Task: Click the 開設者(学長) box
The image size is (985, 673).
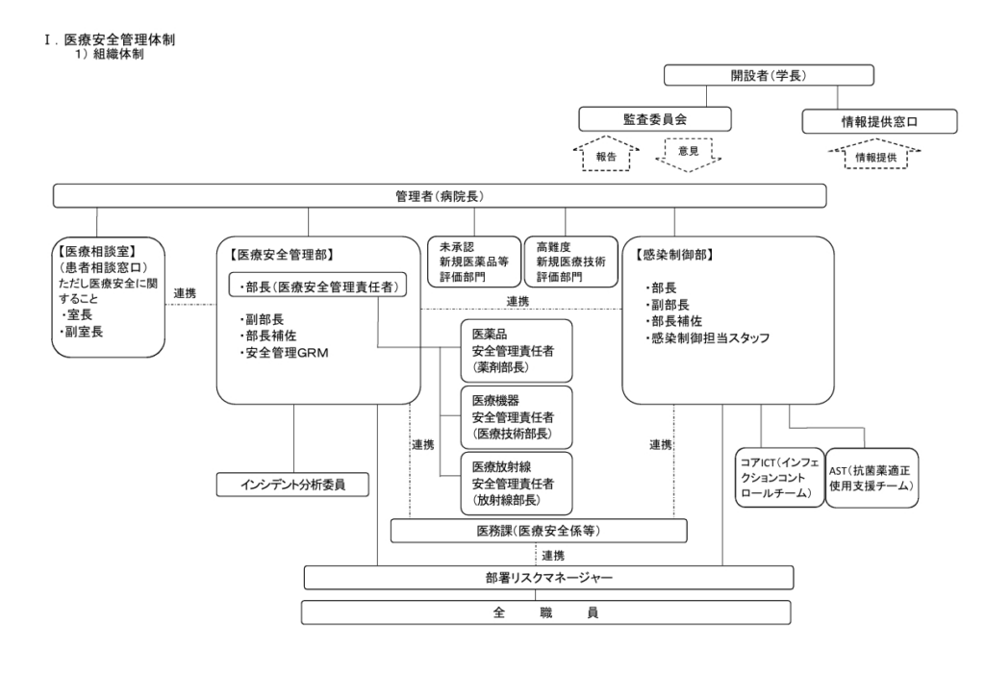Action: point(769,76)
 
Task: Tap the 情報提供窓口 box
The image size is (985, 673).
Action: point(880,120)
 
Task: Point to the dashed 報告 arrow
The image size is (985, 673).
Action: point(605,154)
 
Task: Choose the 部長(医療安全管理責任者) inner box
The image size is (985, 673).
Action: point(317,286)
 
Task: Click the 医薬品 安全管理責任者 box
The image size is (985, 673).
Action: point(516,349)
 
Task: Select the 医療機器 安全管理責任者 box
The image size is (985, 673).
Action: point(516,416)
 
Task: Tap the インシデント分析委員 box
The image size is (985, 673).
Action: point(293,485)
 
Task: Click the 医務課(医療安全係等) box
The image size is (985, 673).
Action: point(539,531)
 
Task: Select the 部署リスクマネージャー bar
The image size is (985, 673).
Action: point(548,577)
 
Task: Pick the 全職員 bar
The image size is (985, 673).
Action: point(545,612)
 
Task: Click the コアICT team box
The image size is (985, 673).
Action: point(773,478)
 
